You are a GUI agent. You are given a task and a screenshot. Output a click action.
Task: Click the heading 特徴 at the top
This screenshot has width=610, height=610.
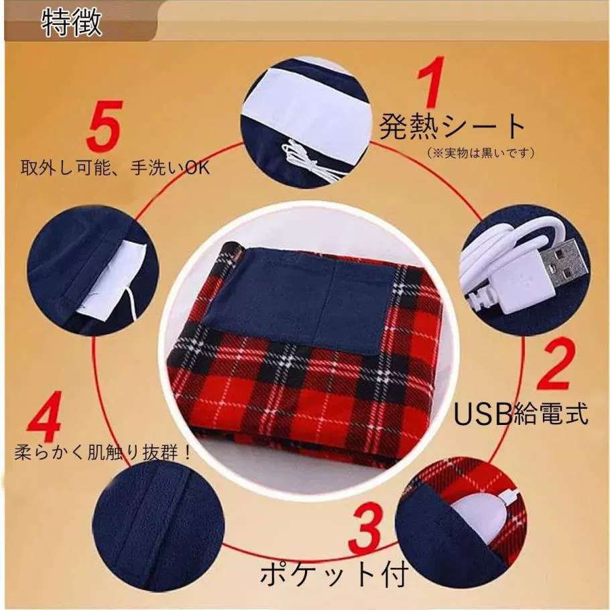pos(72,23)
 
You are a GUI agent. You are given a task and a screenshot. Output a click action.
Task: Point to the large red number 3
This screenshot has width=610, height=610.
pos(365,528)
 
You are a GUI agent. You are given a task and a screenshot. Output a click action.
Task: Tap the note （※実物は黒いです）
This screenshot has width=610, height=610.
pos(481,153)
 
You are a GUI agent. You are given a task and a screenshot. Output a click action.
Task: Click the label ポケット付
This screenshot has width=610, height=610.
pos(334,575)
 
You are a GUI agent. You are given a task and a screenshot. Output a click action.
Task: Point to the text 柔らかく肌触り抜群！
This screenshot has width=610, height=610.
pos(103,452)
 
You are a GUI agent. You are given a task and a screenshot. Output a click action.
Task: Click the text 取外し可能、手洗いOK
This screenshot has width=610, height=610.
pos(115,168)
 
